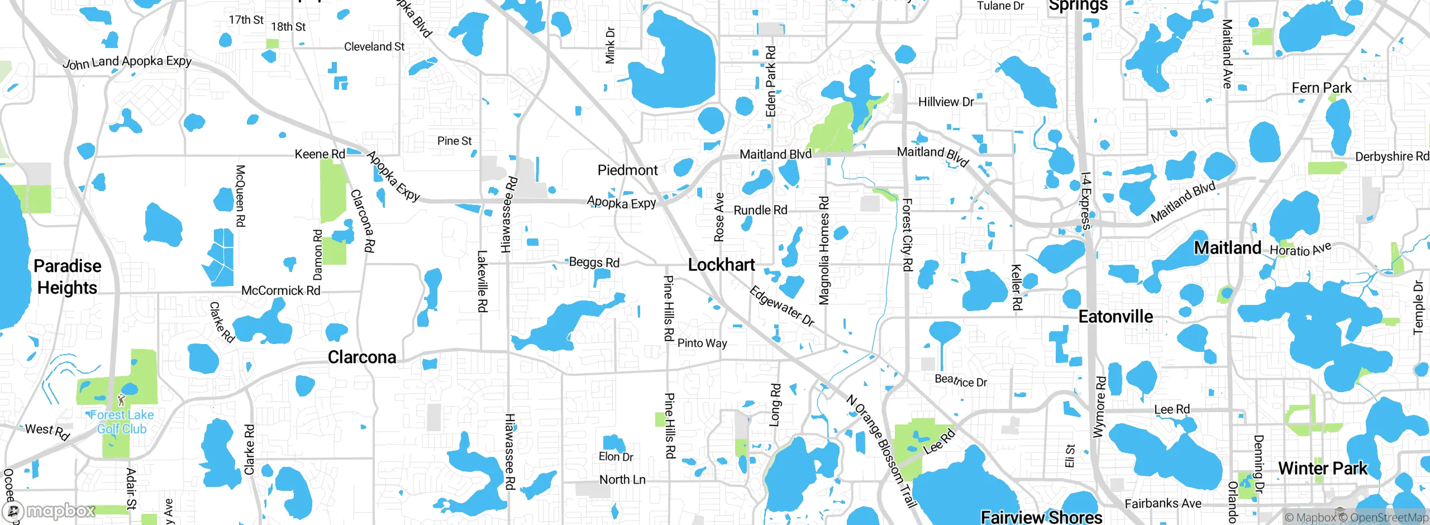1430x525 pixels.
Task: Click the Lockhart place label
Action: [x=721, y=265]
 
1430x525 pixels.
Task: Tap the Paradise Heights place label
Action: [x=68, y=277]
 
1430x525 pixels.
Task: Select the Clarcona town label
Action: [x=362, y=357]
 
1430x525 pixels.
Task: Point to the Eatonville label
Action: [x=1116, y=317]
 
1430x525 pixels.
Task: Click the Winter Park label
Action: [x=1323, y=468]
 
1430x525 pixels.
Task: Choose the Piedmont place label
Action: [x=628, y=170]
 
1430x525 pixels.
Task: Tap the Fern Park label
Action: [x=1322, y=88]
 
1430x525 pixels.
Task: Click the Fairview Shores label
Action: [x=1042, y=517]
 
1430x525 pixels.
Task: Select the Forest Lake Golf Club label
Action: [x=122, y=422]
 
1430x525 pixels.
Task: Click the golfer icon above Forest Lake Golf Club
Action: [x=122, y=399]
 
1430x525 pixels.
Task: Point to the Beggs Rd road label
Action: [x=594, y=262]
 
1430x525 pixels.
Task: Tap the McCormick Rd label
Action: [x=280, y=290]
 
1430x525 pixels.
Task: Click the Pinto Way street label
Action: [x=702, y=343]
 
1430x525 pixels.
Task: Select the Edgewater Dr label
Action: [x=781, y=306]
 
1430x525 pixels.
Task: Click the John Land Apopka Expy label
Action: [x=127, y=62]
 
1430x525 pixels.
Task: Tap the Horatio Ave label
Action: [x=1300, y=249]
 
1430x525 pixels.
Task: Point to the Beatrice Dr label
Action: [x=961, y=381]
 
